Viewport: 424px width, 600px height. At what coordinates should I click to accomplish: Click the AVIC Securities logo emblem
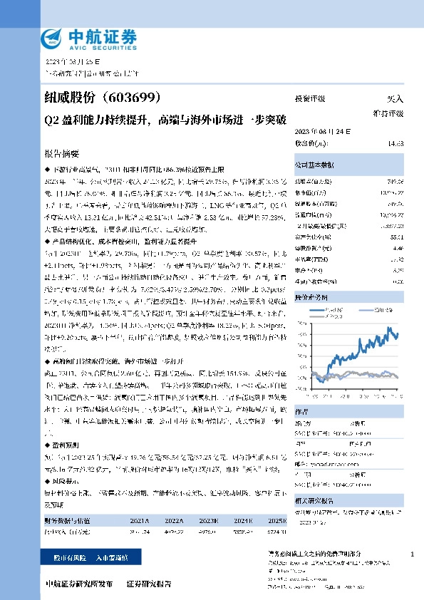click(x=53, y=36)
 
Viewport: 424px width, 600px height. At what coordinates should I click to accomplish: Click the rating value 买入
click(x=394, y=100)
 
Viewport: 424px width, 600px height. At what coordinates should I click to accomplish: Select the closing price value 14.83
click(x=395, y=143)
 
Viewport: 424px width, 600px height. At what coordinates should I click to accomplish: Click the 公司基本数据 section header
click(x=314, y=165)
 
